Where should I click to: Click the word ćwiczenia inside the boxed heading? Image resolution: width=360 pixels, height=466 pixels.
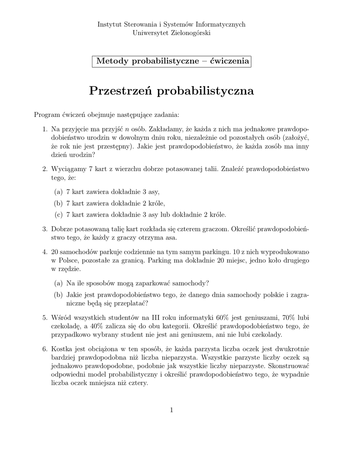point(230,61)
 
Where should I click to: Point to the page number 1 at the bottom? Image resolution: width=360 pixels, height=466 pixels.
point(172,410)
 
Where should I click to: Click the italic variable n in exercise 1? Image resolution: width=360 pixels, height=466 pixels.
point(127,129)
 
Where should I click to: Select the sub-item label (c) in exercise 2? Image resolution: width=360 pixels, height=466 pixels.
point(58,214)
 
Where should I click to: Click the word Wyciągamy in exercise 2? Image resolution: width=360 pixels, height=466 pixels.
point(69,169)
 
